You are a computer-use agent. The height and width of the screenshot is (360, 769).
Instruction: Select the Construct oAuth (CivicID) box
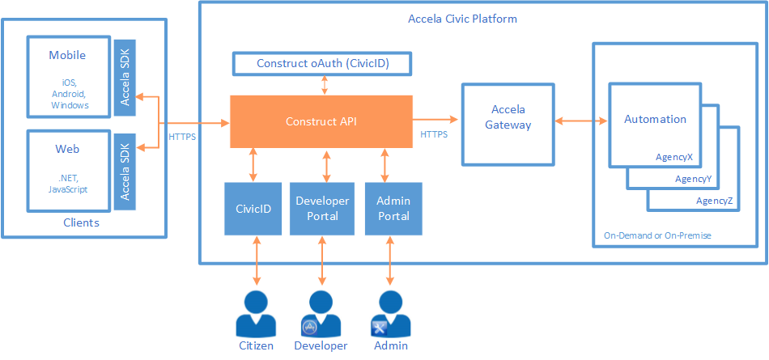tap(323, 63)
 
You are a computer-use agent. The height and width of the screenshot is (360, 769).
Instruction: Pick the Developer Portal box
tap(322, 209)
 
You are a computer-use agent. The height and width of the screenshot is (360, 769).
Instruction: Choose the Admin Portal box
tap(393, 209)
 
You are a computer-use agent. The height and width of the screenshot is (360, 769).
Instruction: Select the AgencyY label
tap(694, 179)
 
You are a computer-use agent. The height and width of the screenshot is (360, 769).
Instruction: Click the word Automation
tap(655, 119)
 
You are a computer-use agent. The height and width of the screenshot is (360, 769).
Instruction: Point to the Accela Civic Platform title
tap(462, 19)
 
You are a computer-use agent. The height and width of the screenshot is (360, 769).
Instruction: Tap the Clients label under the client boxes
tap(81, 222)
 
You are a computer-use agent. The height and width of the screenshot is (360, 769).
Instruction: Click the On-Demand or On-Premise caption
tap(656, 235)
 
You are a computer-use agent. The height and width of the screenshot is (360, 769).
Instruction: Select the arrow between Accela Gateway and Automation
tap(581, 121)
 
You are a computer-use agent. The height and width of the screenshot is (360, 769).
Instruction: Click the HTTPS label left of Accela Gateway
tap(434, 133)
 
